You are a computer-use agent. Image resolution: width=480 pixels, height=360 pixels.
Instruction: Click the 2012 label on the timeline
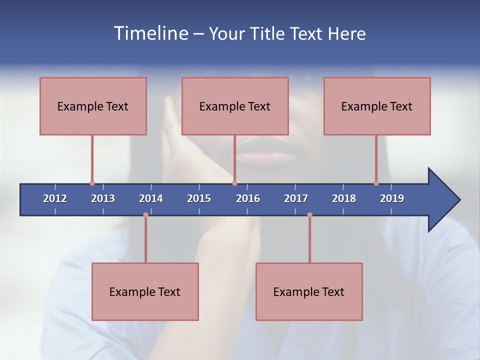point(55,198)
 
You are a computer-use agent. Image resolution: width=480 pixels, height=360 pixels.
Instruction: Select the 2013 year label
point(103,198)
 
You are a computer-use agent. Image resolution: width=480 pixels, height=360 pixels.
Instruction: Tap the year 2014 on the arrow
point(151,198)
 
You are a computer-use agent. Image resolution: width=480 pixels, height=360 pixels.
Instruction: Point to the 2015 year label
point(199,198)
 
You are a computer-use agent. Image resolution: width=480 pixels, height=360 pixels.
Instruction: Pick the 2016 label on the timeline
point(248,198)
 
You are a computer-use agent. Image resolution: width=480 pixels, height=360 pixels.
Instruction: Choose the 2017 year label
point(296,198)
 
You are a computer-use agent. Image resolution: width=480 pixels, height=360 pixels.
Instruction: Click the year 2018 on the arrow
point(344,198)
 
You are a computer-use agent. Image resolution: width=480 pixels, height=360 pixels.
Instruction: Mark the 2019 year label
point(392,198)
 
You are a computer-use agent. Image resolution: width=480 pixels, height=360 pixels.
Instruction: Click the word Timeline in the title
point(150,33)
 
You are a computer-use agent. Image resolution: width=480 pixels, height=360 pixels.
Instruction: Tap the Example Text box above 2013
point(93,106)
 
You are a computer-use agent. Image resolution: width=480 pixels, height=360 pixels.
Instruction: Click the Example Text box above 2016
point(235,106)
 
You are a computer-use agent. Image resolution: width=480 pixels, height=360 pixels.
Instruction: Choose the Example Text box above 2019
point(377,106)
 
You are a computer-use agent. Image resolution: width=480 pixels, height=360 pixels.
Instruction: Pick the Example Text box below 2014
point(145,291)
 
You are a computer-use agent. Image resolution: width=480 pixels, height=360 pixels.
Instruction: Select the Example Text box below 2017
point(309,291)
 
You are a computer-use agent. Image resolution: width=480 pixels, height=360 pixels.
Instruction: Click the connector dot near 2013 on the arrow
point(92,183)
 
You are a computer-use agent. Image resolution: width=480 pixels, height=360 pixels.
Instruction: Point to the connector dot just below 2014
point(145,214)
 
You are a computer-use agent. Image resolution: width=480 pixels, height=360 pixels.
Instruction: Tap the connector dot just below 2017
point(309,214)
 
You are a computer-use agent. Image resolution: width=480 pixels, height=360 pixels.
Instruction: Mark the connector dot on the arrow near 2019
point(376,183)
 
